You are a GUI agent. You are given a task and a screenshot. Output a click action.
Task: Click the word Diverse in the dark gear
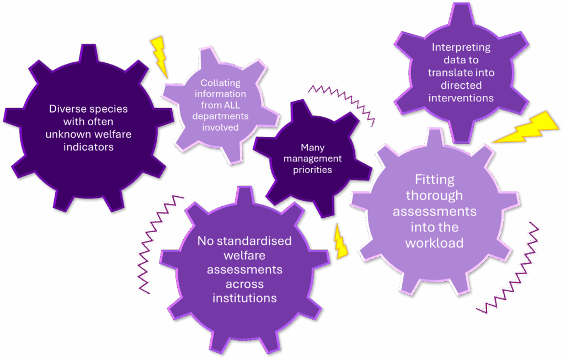pyautogui.click(x=66, y=109)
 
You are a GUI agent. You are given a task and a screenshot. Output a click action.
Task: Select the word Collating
pyautogui.click(x=220, y=83)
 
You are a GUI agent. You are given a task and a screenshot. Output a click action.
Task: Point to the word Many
pyautogui.click(x=312, y=148)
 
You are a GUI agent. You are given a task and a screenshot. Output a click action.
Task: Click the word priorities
pyautogui.click(x=312, y=170)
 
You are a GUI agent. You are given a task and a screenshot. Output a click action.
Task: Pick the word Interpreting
pyautogui.click(x=461, y=47)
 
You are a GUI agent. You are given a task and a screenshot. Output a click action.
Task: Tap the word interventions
pyautogui.click(x=461, y=98)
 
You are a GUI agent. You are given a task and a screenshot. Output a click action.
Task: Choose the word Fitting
pyautogui.click(x=435, y=180)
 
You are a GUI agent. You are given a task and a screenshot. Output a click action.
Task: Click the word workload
pyautogui.click(x=435, y=243)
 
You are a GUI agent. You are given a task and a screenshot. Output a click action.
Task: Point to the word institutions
pyautogui.click(x=244, y=298)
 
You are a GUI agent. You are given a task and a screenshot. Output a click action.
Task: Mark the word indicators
pyautogui.click(x=89, y=147)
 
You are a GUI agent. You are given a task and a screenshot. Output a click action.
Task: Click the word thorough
pyautogui.click(x=435, y=196)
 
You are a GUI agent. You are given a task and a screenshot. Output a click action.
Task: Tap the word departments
pyautogui.click(x=220, y=117)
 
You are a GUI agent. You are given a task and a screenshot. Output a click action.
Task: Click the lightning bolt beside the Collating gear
pyautogui.click(x=159, y=57)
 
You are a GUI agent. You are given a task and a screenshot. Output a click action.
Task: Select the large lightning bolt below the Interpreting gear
pyautogui.click(x=526, y=128)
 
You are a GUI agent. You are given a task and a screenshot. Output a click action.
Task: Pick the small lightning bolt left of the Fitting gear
pyautogui.click(x=340, y=241)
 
